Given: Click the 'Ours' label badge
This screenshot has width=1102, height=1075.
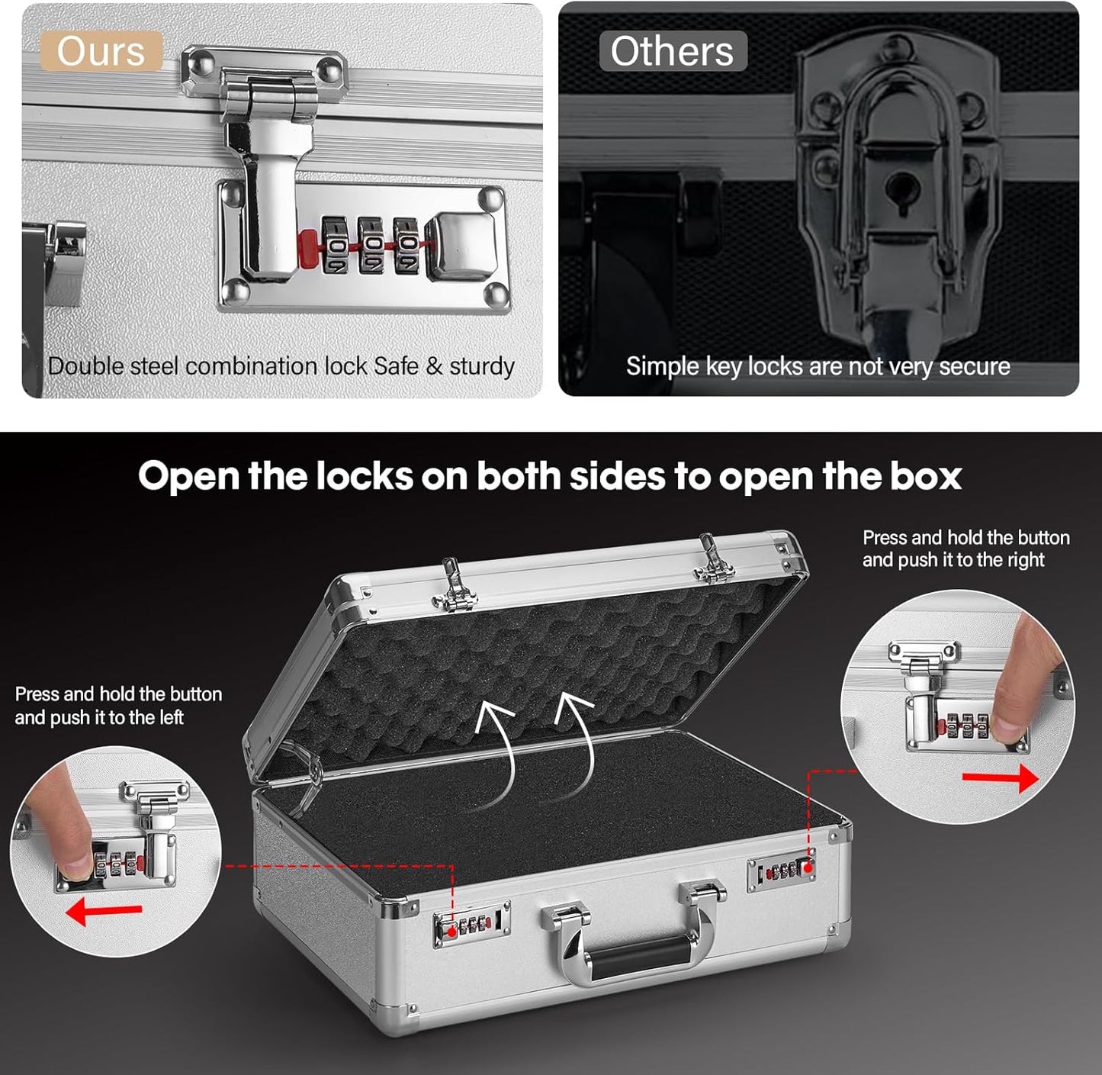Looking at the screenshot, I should pos(101,52).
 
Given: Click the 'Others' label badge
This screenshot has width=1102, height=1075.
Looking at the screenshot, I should pos(672,52).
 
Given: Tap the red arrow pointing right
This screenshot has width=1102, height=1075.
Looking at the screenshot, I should pos(1000,778).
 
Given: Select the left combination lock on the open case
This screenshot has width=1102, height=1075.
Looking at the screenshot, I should pos(471,925).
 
